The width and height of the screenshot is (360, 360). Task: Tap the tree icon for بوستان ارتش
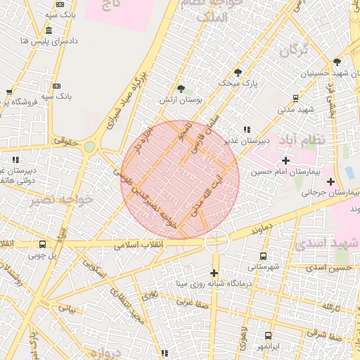coord(182,89)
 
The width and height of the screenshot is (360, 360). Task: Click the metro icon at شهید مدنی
coord(295,98)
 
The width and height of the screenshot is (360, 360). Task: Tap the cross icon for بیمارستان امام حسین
coord(285,161)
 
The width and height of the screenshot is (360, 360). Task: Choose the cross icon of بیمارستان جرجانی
coord(330,181)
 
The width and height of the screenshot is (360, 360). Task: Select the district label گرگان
coord(294,51)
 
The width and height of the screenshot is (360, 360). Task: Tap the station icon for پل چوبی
coord(43,245)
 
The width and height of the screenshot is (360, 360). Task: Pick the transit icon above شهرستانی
coord(264,256)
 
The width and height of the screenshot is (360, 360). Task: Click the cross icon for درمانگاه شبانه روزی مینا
coord(214,273)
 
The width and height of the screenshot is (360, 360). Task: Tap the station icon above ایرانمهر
coord(268,336)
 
